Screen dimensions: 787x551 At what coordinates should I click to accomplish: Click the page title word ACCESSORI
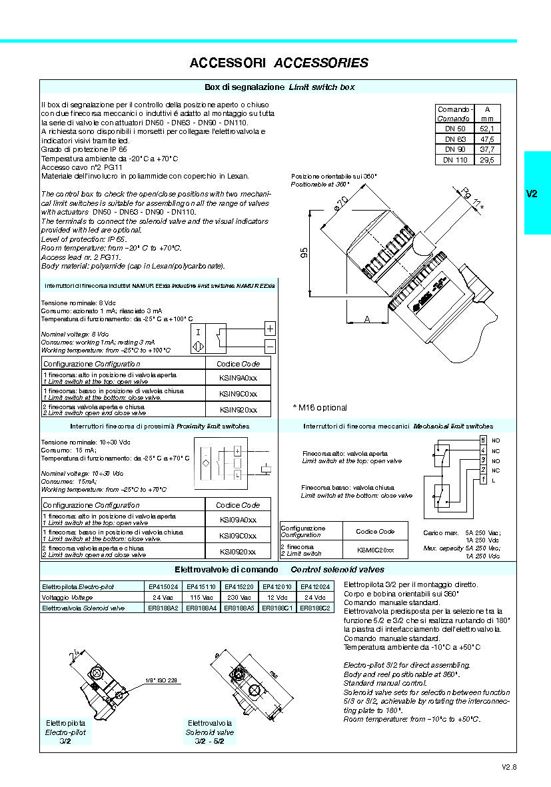tap(228, 63)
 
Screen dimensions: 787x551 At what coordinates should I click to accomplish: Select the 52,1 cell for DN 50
tap(486, 129)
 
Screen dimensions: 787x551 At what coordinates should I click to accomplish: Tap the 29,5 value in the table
tap(486, 160)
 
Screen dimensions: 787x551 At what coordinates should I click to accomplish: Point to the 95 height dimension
tap(304, 253)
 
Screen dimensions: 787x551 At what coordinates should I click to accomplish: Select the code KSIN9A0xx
tap(238, 377)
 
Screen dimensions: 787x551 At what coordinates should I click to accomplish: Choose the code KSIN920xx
tap(238, 410)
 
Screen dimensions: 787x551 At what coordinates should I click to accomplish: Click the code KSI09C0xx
tap(238, 536)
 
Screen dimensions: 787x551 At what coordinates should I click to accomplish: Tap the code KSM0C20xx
tap(375, 550)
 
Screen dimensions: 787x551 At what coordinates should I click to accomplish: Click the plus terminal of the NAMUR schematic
tap(269, 329)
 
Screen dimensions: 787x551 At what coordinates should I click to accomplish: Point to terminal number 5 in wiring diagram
tap(483, 441)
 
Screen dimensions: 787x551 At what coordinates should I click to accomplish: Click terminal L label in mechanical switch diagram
tap(494, 480)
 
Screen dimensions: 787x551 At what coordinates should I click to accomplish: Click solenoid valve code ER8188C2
tap(315, 608)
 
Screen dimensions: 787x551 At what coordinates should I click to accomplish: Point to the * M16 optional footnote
tap(319, 407)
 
